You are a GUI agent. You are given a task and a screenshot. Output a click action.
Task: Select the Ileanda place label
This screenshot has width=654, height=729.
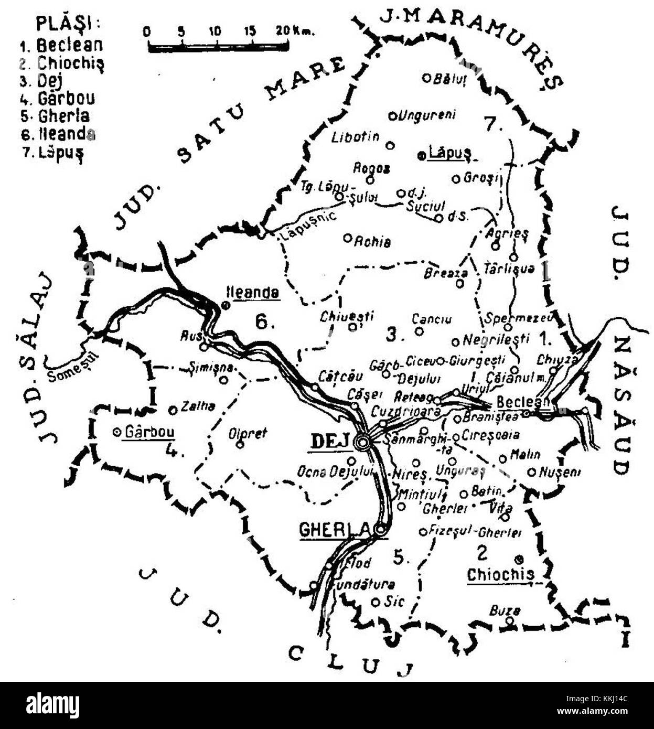click(252, 292)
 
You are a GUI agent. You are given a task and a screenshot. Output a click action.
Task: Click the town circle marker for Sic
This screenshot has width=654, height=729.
click(376, 602)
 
